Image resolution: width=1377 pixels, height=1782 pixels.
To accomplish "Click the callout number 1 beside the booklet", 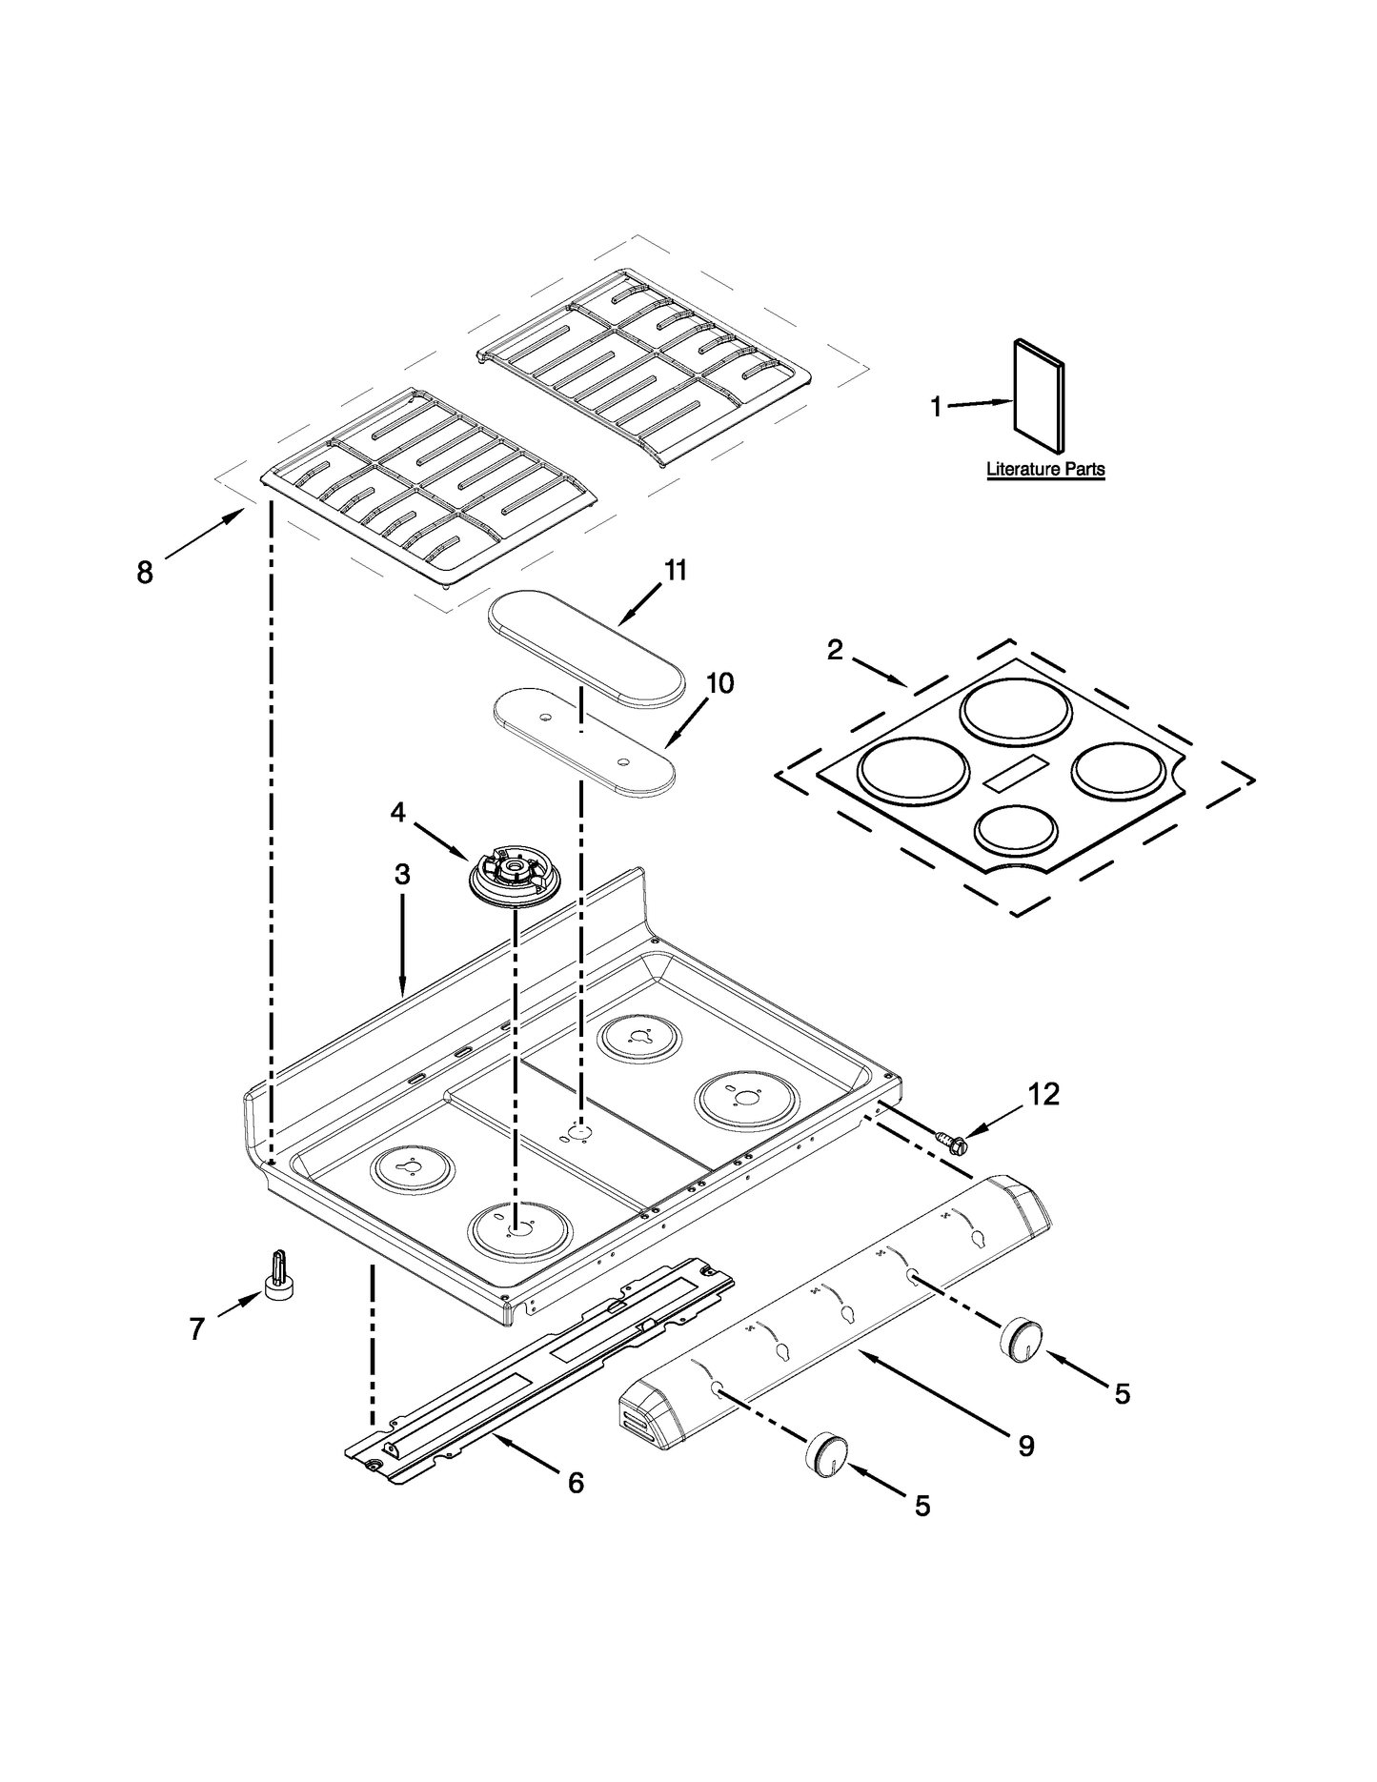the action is coord(936,408).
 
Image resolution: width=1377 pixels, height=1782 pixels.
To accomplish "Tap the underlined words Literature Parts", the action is coord(1045,469).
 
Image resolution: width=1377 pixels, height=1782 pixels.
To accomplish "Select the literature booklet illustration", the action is coord(1039,395).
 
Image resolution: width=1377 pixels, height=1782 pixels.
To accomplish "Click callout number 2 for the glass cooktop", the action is coord(835,650).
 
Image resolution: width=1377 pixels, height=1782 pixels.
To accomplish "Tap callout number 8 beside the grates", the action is coord(145,574).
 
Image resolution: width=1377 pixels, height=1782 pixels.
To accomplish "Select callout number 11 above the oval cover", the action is coord(675,571).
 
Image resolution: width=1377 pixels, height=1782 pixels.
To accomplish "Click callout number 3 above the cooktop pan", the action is coord(402,874).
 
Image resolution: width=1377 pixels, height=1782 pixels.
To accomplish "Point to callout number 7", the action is coord(196,1329).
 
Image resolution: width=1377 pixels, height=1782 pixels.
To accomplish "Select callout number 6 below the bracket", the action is coord(575,1483).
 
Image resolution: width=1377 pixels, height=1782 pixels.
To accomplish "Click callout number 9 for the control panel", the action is coord(1025,1446).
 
